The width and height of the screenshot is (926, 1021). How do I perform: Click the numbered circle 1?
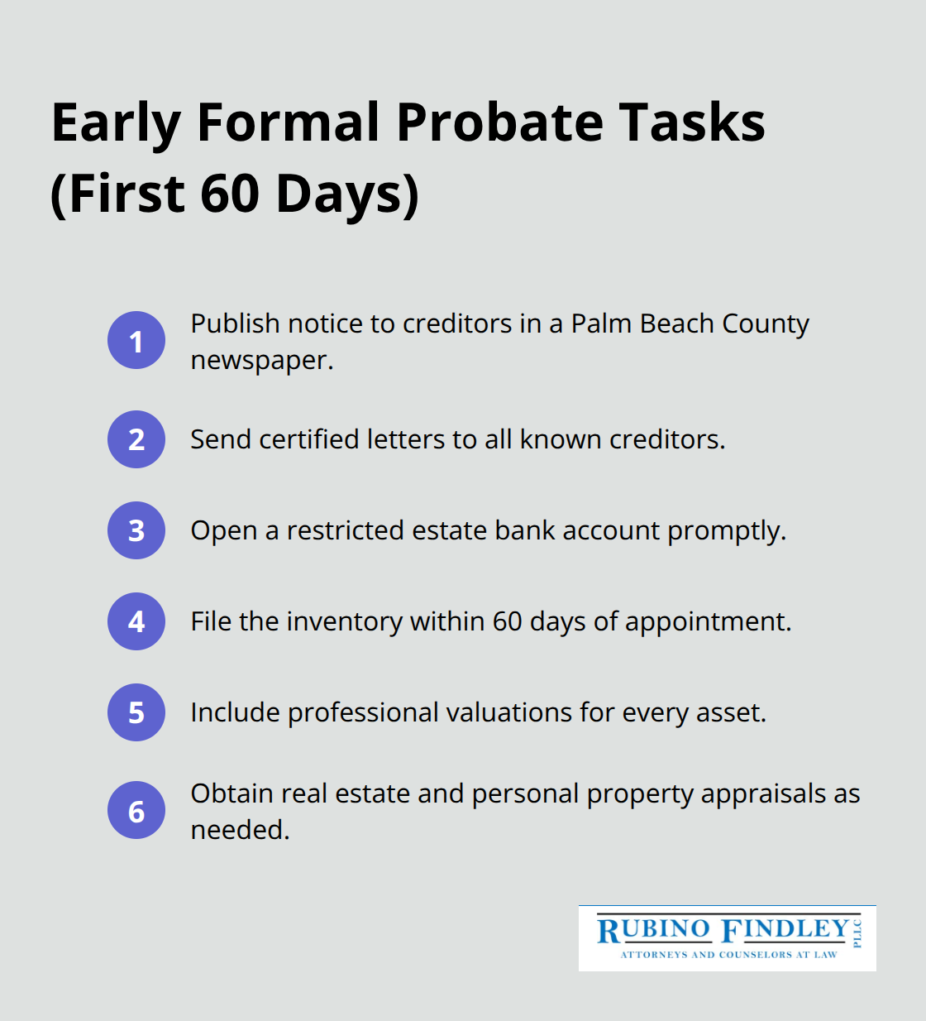click(136, 340)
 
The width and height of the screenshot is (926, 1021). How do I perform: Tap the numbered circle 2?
click(136, 439)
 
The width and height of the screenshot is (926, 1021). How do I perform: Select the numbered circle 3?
click(136, 530)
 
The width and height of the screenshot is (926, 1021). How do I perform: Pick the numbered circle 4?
click(136, 621)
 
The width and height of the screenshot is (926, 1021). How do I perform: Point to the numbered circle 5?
click(136, 712)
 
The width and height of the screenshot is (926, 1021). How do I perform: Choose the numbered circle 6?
click(136, 811)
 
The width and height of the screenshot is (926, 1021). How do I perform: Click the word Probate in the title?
click(499, 122)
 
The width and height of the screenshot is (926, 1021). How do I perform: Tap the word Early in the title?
click(116, 122)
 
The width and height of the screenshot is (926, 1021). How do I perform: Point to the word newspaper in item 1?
click(261, 361)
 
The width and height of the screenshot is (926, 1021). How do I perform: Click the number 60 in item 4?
click(508, 621)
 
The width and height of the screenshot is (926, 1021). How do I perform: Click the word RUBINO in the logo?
click(653, 930)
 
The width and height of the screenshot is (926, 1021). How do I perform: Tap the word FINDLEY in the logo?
click(785, 930)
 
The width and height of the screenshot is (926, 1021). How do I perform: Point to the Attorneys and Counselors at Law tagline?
click(728, 955)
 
